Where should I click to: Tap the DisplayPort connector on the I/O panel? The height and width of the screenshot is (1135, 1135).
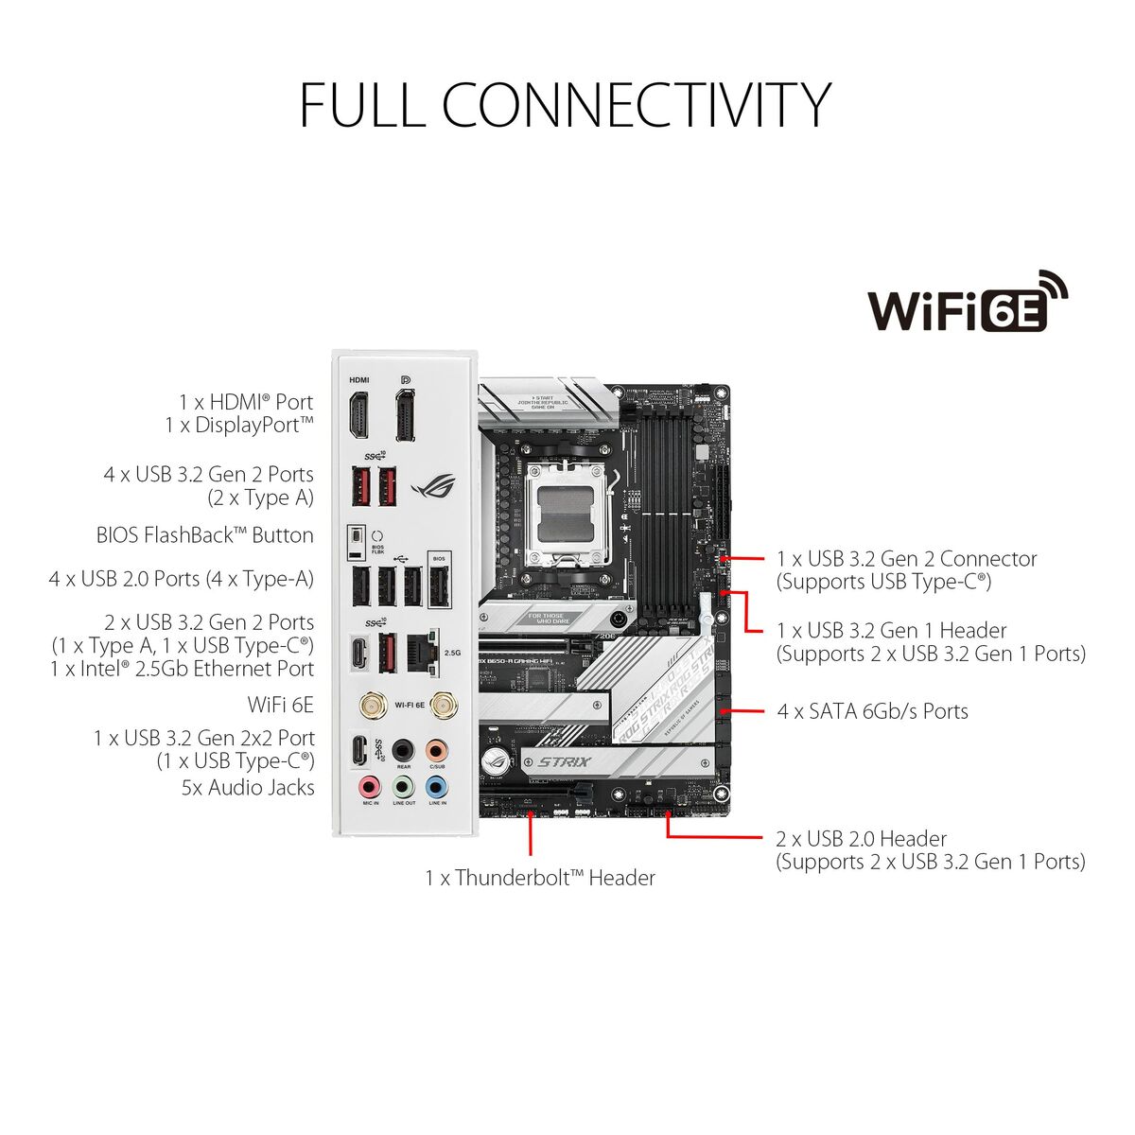[x=405, y=416]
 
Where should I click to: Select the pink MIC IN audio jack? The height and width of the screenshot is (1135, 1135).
[x=370, y=785]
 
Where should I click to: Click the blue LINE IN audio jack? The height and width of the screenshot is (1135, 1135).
[x=436, y=785]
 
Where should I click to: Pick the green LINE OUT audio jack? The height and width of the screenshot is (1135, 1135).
[x=404, y=785]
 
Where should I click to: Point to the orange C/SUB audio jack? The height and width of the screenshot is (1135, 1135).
[x=436, y=749]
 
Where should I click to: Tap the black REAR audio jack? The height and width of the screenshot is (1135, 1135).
[x=404, y=749]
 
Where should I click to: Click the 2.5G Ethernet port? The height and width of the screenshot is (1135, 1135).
[x=420, y=652]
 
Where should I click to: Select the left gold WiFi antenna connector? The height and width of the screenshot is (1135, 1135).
[x=371, y=705]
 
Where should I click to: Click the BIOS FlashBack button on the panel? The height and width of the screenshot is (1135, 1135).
[x=356, y=540]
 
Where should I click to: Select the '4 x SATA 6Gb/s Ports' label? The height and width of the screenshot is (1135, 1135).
[x=872, y=711]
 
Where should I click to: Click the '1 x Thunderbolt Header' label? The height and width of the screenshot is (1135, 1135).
[x=539, y=878]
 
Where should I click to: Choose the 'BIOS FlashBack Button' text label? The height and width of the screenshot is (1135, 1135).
[x=204, y=535]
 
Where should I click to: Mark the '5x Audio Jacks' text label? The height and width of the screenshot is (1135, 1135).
[x=248, y=787]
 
